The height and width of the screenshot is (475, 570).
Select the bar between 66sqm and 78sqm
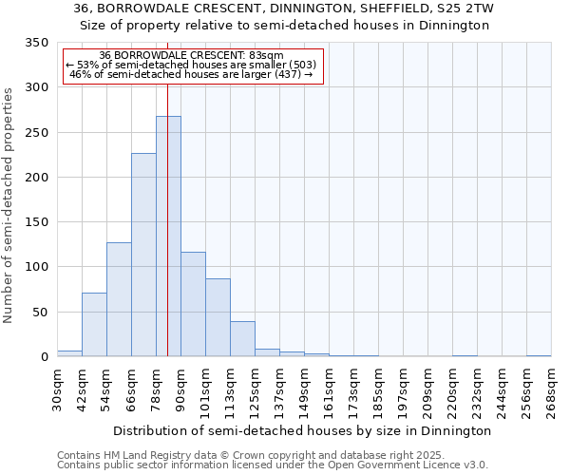tap(143, 255)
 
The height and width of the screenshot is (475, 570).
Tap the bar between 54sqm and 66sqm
tap(119, 299)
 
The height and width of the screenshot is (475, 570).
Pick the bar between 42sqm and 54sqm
tap(94, 325)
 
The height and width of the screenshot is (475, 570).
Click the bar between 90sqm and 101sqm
tap(193, 304)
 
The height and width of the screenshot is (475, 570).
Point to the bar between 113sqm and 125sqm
tap(242, 339)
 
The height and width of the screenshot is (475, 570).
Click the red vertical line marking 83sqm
tap(167, 190)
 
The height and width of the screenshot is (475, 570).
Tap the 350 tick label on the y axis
tap(36, 43)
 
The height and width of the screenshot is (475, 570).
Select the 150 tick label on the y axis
tap(36, 222)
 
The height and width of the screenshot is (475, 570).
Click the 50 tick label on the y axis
tap(40, 313)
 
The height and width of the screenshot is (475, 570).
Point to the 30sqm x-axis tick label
tap(58, 389)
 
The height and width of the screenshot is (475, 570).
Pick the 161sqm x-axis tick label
tap(330, 389)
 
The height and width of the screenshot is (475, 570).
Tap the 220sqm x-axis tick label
tap(453, 389)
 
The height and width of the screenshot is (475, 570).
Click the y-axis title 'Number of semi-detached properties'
tap(9, 205)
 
